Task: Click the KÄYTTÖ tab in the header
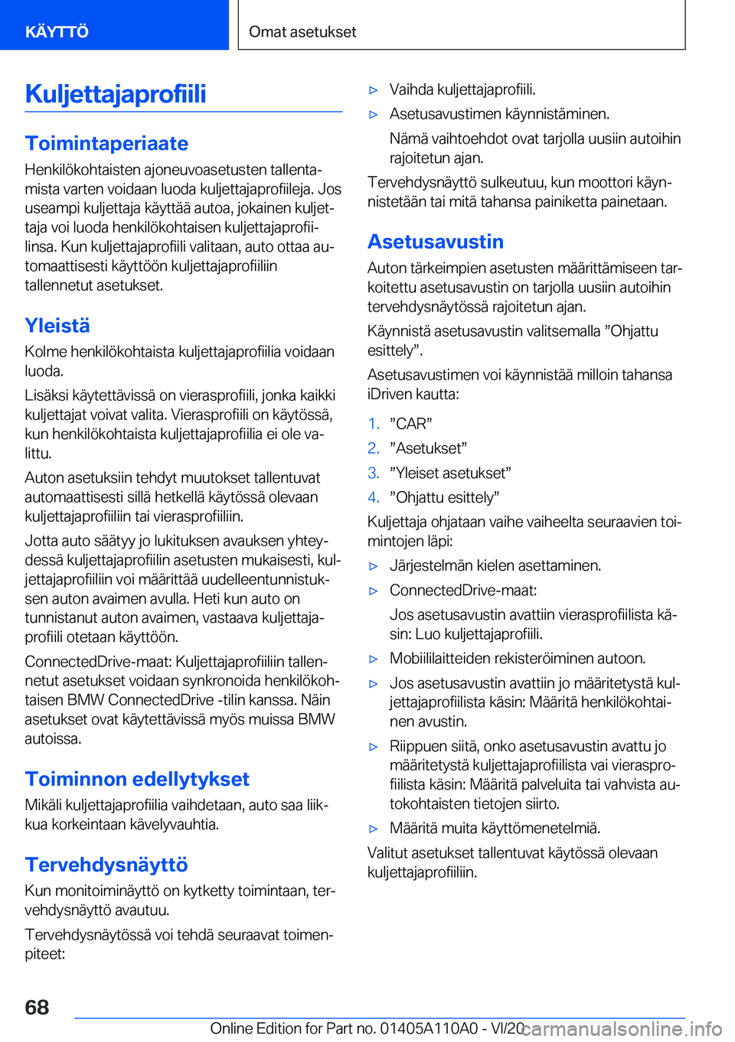tap(57, 31)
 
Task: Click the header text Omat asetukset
tap(302, 31)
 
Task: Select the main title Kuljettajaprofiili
tap(116, 93)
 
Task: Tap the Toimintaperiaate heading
tap(106, 143)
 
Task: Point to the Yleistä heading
tap(57, 325)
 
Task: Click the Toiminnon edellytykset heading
tap(137, 779)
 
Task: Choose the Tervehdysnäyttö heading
tap(106, 865)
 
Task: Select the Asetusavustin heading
tap(435, 242)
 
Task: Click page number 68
tap(37, 1007)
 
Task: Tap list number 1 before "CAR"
tap(373, 424)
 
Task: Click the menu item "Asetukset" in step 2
tap(428, 448)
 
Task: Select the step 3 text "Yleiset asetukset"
tap(450, 473)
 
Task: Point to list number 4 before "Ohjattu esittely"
tap(373, 497)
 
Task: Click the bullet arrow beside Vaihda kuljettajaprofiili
tap(374, 90)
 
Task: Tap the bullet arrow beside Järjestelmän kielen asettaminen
tap(374, 566)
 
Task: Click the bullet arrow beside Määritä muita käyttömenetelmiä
tap(374, 829)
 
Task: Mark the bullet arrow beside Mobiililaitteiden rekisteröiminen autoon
tap(374, 659)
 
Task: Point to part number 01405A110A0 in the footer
tap(430, 1028)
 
